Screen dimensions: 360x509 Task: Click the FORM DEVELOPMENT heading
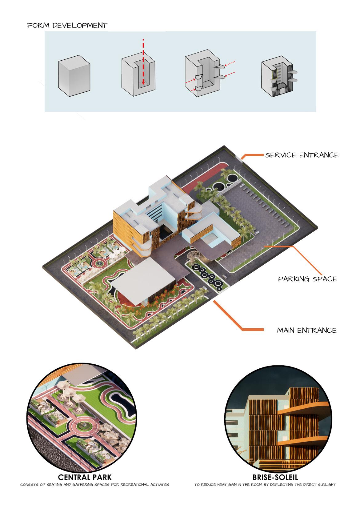coord(67,25)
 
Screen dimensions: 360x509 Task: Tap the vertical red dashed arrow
coord(143,62)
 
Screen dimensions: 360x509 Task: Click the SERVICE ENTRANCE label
coord(302,155)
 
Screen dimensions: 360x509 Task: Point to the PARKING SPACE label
coord(307,279)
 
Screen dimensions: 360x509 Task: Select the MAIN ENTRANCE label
coord(306,331)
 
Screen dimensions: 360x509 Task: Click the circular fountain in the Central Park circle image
coord(82,425)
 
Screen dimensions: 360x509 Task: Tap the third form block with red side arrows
coord(202,75)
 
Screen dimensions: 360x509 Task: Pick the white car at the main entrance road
coord(226,276)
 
